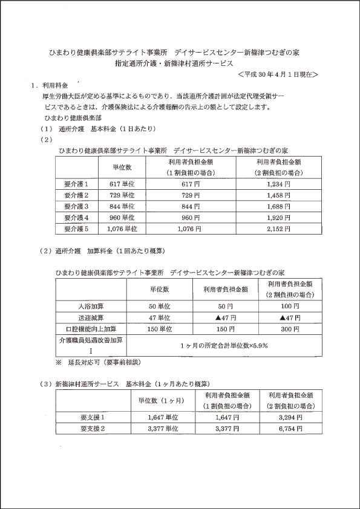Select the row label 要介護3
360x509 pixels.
76,206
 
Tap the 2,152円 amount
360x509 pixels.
279,229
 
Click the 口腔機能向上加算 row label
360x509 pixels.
90,329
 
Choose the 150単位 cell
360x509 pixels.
160,329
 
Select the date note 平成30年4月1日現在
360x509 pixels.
278,74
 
